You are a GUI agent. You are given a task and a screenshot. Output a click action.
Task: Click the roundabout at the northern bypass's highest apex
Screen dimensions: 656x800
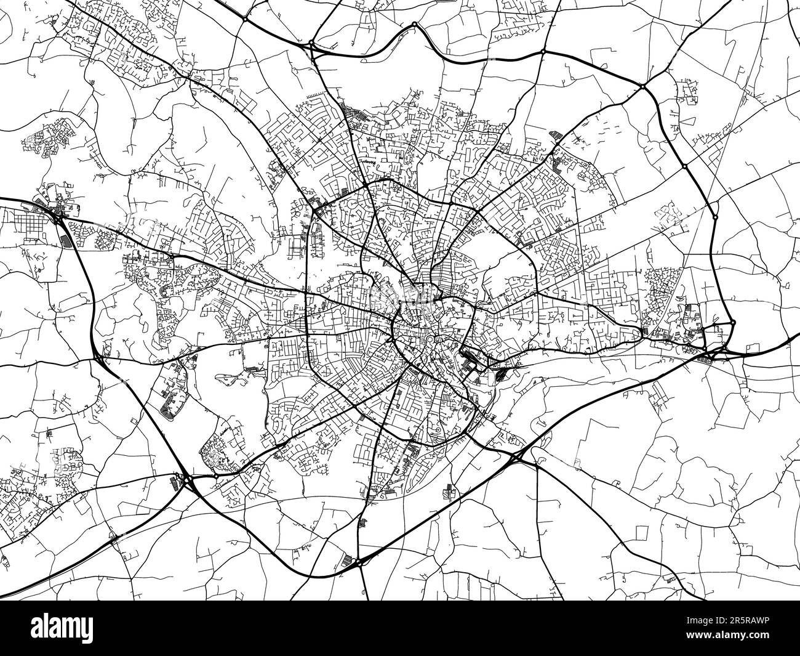click(415, 25)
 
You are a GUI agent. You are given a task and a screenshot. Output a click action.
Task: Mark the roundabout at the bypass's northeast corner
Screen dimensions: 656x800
click(641, 86)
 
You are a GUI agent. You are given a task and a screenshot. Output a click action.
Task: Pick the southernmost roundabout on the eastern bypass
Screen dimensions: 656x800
click(733, 322)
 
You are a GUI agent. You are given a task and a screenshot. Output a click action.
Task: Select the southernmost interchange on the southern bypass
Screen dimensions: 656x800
click(360, 561)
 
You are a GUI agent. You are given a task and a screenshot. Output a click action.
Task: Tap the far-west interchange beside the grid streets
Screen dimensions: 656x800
click(57, 215)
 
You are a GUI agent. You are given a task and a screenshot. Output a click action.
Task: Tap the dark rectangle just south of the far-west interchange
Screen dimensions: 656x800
click(65, 240)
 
